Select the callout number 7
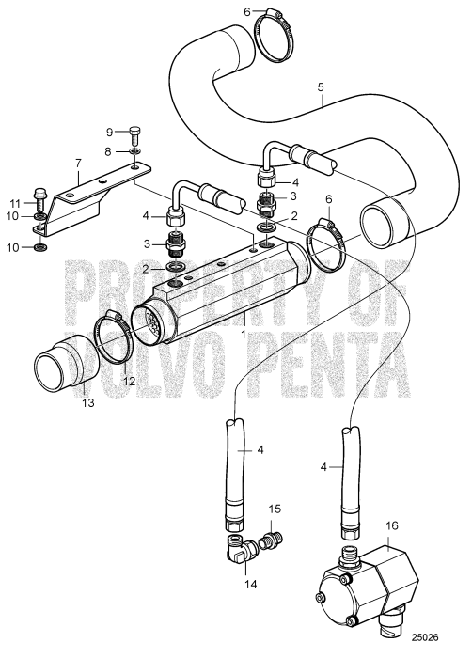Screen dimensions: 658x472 77,162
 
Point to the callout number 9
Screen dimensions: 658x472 110,131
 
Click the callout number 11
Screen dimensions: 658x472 14,202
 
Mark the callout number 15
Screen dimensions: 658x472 275,510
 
